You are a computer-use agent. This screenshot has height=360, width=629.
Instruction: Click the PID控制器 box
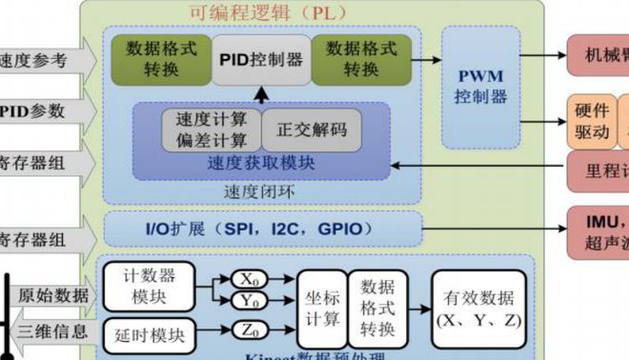[260, 60]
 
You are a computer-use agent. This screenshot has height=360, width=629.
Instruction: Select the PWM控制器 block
[480, 85]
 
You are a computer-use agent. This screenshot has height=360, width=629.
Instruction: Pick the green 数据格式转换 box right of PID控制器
[361, 59]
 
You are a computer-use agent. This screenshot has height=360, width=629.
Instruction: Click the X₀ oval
[250, 279]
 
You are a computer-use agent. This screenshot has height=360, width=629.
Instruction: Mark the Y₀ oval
[250, 301]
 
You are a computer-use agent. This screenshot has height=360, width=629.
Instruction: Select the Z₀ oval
[250, 330]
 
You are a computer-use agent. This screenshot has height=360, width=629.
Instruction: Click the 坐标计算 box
[320, 307]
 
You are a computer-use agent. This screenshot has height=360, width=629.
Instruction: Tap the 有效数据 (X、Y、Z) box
[477, 307]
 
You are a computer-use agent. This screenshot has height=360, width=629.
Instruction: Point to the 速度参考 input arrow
[43, 60]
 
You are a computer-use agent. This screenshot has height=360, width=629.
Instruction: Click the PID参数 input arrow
[43, 111]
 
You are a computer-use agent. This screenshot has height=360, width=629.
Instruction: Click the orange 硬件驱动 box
[592, 120]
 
